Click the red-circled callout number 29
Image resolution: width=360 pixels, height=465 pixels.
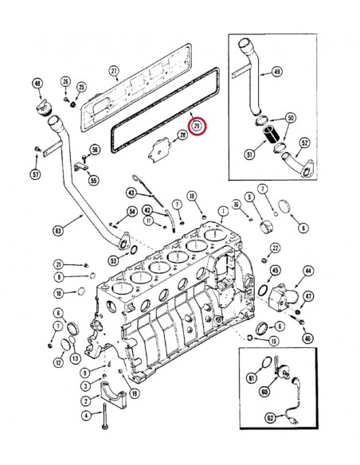tap(197, 126)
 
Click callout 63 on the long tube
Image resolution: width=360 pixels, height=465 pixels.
tap(58, 232)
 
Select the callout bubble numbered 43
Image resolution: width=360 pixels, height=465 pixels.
tap(131, 193)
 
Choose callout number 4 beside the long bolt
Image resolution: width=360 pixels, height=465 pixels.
tap(85, 415)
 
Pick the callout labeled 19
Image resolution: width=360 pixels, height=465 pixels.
tap(135, 393)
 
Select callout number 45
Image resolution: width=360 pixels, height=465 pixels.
tap(275, 271)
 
